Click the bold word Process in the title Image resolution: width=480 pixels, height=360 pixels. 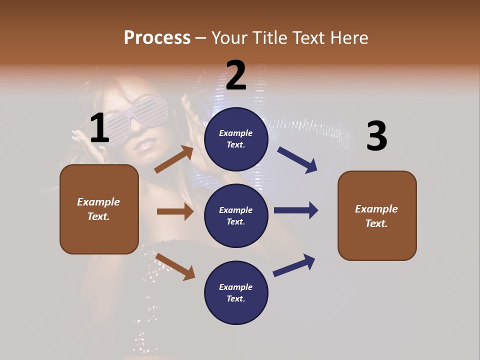pyautogui.click(x=157, y=38)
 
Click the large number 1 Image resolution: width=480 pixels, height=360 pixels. pyautogui.click(x=99, y=128)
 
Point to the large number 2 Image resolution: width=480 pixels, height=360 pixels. pyautogui.click(x=236, y=75)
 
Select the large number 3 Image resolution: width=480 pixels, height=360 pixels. pyautogui.click(x=376, y=136)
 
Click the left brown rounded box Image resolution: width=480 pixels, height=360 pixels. pyautogui.click(x=99, y=209)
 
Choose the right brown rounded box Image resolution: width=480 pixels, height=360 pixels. pyautogui.click(x=377, y=216)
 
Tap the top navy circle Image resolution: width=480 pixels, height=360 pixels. pyautogui.click(x=236, y=139)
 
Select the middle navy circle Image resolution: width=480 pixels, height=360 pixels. pyautogui.click(x=236, y=216)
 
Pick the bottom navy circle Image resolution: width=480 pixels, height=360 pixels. pyautogui.click(x=236, y=293)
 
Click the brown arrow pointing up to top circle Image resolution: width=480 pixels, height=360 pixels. pyautogui.click(x=174, y=159)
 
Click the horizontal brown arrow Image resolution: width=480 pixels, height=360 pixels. pyautogui.click(x=175, y=211)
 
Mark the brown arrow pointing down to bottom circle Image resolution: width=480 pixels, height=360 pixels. pyautogui.click(x=175, y=266)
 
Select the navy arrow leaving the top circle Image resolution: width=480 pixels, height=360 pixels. pyautogui.click(x=297, y=160)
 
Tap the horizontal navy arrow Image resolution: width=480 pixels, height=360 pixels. pyautogui.click(x=296, y=210)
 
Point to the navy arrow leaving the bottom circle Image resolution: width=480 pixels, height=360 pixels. pyautogui.click(x=294, y=265)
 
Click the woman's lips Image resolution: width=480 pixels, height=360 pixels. pyautogui.click(x=144, y=145)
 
